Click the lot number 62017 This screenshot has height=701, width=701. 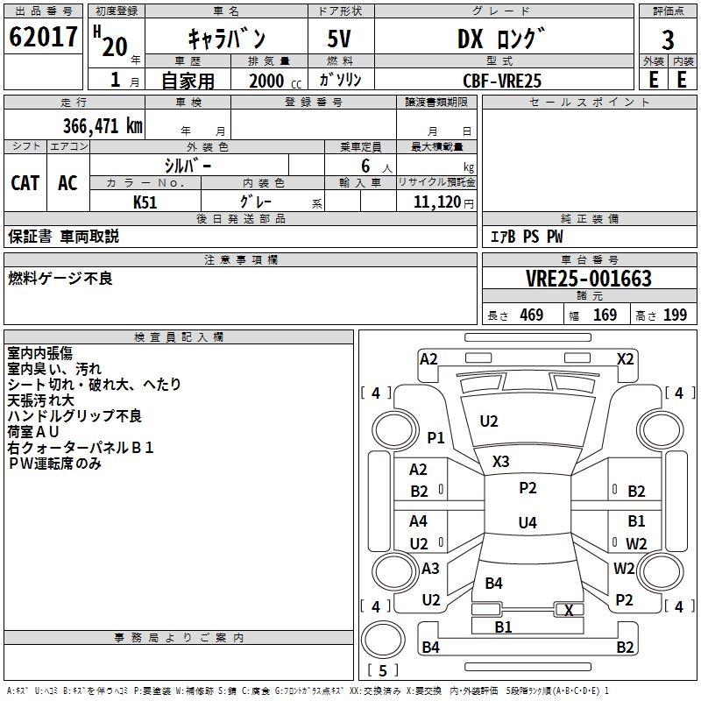43,37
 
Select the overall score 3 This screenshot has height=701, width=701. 668,39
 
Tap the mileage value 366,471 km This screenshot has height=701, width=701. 103,126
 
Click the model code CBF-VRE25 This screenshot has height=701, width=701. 502,81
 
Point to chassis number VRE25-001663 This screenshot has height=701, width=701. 589,279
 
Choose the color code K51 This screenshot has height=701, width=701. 145,202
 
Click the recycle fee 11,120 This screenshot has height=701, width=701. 437,202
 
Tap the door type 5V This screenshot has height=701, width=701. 339,39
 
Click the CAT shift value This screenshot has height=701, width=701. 25,183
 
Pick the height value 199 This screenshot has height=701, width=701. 675,315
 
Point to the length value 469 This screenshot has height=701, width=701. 532,315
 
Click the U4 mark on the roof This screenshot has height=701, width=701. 528,522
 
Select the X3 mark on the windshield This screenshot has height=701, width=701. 500,461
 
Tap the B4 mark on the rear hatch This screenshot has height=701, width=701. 494,583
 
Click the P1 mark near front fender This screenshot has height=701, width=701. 435,437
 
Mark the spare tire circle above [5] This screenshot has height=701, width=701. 383,639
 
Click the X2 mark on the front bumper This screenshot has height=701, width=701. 625,359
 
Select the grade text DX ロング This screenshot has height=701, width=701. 501,39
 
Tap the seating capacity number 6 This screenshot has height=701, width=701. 365,166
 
